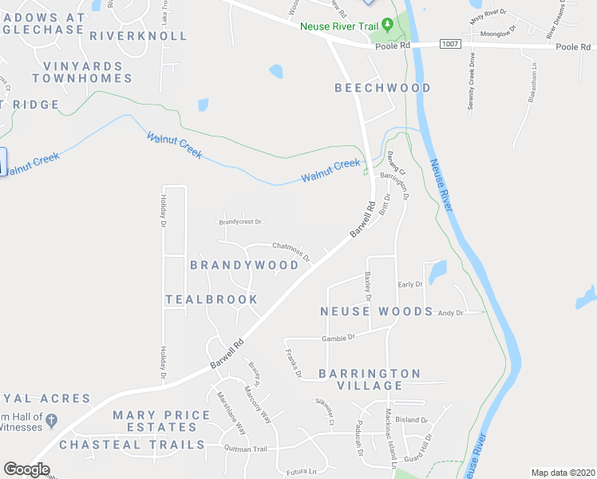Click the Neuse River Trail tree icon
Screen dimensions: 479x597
[389, 26]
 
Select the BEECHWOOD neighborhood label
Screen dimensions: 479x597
[382, 88]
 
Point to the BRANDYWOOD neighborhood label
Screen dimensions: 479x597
[244, 264]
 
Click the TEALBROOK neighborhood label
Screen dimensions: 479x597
[212, 299]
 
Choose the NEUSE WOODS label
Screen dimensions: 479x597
[377, 311]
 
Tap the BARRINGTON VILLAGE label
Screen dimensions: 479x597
[370, 379]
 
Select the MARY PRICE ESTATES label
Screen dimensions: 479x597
[161, 422]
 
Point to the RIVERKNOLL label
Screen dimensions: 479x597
[139, 36]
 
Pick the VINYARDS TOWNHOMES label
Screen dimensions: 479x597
[83, 73]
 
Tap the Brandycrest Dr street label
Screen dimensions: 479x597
[240, 222]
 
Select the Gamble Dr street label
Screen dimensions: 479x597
[338, 338]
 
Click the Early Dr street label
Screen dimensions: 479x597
[409, 284]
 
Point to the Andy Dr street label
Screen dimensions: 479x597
[450, 313]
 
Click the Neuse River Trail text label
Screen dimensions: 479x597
[338, 26]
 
